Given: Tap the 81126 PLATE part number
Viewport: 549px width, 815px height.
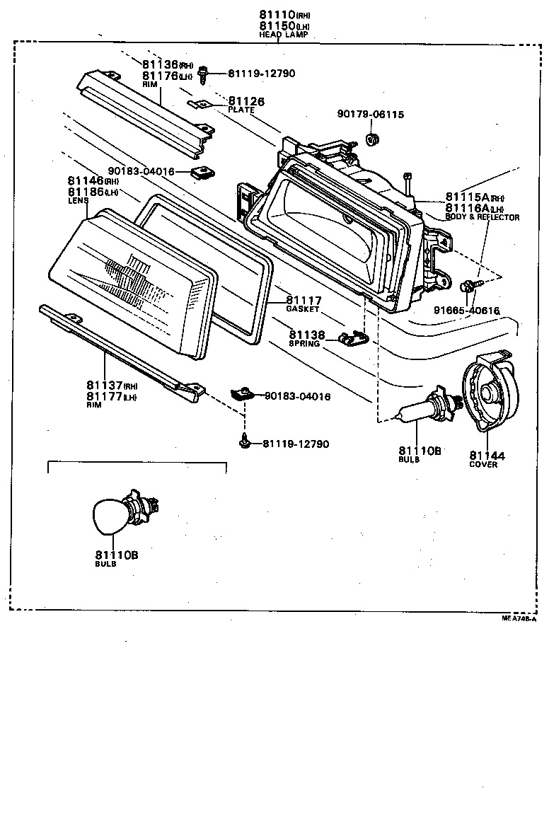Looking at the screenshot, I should click(246, 102).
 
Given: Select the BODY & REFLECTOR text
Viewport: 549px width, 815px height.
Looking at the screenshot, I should click(482, 217).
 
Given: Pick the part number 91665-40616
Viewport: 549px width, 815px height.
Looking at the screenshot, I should click(467, 310).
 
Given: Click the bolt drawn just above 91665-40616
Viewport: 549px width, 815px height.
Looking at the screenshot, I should click(468, 285).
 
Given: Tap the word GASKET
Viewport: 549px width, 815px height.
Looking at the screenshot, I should click(304, 309).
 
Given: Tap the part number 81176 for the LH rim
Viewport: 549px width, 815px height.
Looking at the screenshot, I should click(158, 76).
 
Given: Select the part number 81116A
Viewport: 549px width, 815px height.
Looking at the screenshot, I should click(468, 208).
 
